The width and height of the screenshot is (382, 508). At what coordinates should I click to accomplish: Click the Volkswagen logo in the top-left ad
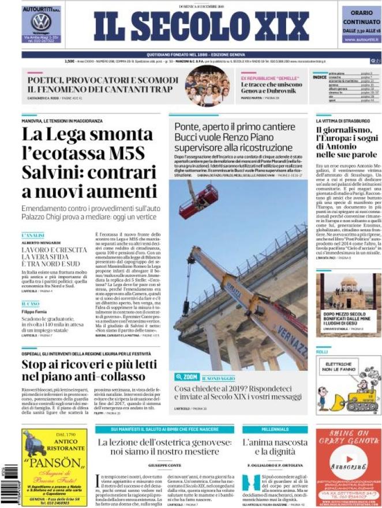click(41, 22)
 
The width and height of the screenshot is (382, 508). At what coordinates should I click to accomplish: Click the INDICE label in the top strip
click(319, 77)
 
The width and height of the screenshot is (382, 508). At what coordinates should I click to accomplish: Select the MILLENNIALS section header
click(275, 430)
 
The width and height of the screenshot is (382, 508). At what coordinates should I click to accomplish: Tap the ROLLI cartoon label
click(321, 351)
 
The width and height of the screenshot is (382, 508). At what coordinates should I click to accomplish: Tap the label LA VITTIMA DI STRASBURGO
click(343, 122)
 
